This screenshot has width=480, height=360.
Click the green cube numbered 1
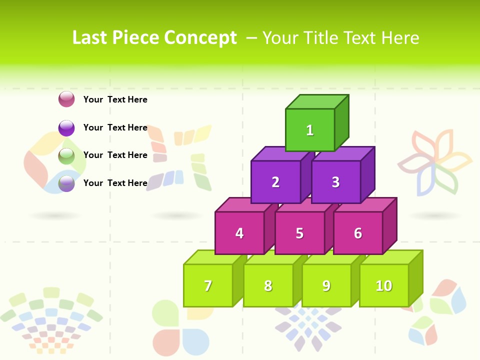pos(310,130)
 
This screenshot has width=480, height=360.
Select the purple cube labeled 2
pos(275,182)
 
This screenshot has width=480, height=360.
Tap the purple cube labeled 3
pos(335,182)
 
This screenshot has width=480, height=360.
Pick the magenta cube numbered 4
pos(239,233)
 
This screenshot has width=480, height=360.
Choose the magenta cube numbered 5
pos(299,233)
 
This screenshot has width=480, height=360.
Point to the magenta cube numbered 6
pos(358,233)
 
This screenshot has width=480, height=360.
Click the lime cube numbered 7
pos(208,285)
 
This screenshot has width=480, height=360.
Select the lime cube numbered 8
pos(268,285)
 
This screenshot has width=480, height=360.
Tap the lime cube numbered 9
pos(326,285)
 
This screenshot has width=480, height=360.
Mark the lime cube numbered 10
pos(384,285)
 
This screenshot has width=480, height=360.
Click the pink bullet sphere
pos(66,99)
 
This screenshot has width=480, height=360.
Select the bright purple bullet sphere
pos(66,128)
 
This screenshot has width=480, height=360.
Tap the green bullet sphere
pos(66,156)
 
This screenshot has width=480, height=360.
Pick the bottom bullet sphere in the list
pos(66,183)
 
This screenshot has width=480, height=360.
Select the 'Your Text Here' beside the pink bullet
pos(115,99)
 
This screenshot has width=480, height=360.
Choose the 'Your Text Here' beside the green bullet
pos(115,155)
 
